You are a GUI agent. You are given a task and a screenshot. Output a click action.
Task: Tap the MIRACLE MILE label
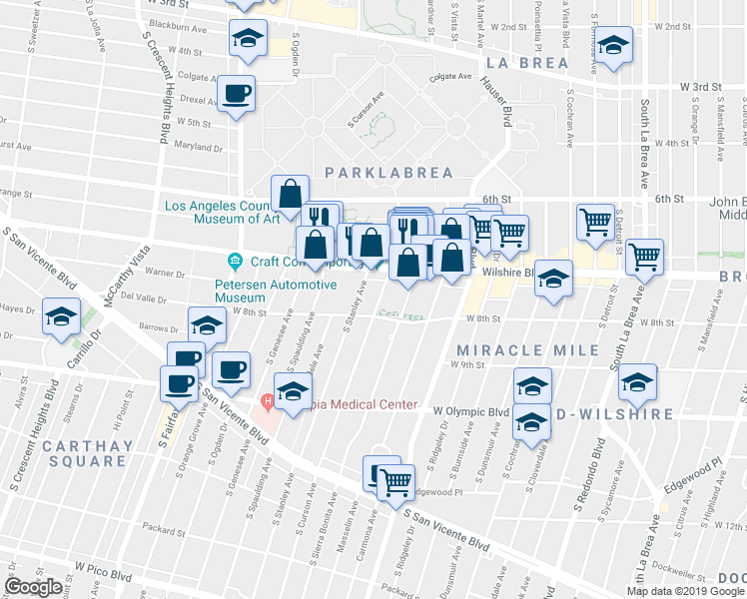(x=527, y=350)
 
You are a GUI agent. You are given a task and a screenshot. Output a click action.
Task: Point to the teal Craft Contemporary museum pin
(x=235, y=262)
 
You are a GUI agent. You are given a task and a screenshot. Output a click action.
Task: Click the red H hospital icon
(x=267, y=401)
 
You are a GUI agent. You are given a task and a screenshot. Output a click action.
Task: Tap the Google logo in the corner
(x=34, y=587)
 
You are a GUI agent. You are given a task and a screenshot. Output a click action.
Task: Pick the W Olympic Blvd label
(x=471, y=410)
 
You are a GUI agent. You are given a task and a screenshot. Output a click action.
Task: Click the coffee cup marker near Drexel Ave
(x=237, y=96)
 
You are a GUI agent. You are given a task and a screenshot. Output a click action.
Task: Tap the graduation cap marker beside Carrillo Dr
(x=61, y=318)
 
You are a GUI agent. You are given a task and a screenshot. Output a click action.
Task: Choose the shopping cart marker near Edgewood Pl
(x=396, y=482)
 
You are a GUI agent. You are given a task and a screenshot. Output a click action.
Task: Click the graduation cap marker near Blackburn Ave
(x=247, y=40)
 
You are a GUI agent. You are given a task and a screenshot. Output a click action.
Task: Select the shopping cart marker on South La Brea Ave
(x=644, y=258)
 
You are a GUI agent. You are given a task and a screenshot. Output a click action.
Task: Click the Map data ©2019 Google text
(x=684, y=590)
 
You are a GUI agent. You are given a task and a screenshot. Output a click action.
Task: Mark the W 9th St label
(x=472, y=365)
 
